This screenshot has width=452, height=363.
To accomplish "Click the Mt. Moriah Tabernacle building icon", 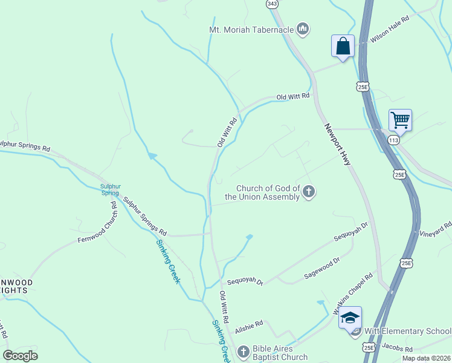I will [303, 28].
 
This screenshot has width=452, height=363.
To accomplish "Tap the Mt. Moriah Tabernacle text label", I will [251, 29].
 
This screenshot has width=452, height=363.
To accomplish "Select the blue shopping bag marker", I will [343, 47].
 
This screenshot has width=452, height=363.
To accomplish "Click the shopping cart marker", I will [400, 120].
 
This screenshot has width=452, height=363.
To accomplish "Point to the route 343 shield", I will [272, 4].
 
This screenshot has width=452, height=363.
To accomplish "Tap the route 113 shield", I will [394, 140].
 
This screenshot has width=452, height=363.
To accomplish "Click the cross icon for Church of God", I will [309, 192].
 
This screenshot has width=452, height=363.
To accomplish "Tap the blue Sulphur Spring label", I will [110, 189].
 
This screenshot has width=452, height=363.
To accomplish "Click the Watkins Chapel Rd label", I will [352, 294].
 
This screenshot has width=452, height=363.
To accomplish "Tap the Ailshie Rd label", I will [249, 324].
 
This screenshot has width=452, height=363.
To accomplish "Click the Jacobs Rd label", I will [396, 349].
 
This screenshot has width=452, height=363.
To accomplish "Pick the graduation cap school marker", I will [350, 316].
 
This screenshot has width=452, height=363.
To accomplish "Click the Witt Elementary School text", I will [408, 331].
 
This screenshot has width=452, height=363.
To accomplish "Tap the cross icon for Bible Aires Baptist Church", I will [243, 352].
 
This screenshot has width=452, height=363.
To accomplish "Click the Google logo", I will [20, 356].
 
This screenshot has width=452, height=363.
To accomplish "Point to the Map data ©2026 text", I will [426, 358].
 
